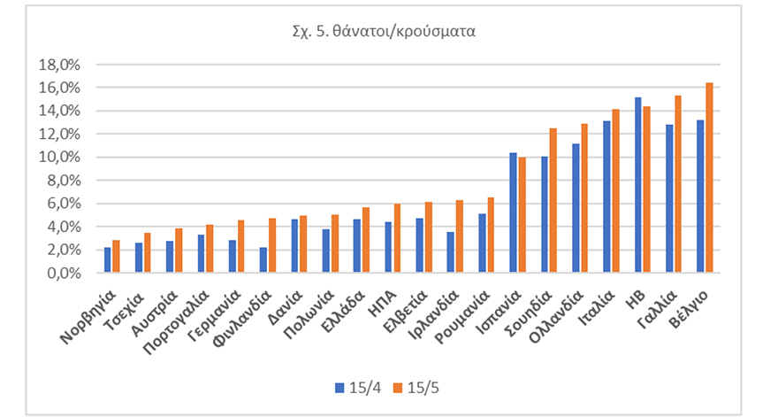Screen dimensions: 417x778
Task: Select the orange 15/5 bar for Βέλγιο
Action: (709, 178)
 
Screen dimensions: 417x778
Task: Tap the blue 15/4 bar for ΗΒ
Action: (638, 185)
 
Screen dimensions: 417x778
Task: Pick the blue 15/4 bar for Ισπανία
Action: (514, 212)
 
